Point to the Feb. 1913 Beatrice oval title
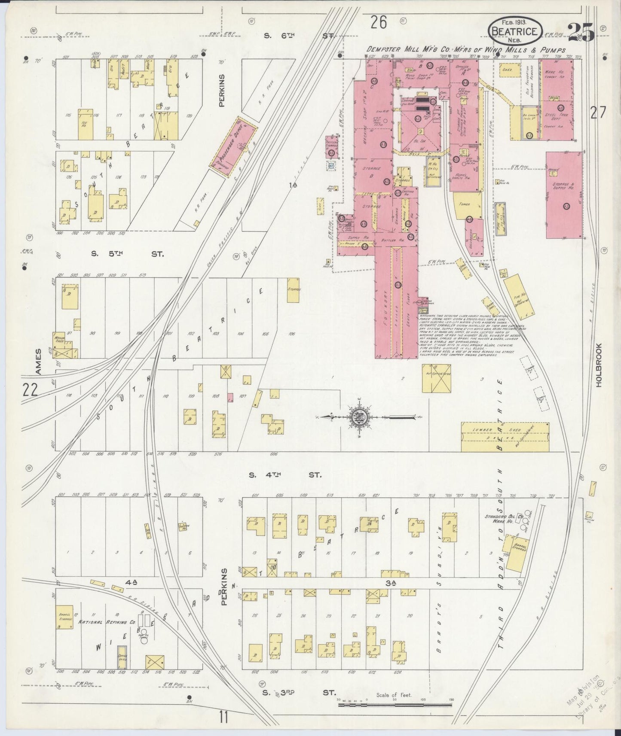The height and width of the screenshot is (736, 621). (x=514, y=30)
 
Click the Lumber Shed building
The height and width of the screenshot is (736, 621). (x=505, y=436)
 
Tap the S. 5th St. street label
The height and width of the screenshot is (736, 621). (x=127, y=254)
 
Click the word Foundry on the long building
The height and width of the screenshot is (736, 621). (x=385, y=316)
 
